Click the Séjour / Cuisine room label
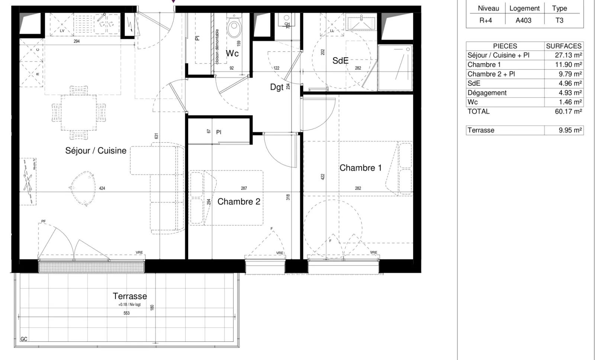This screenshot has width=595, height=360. (x=96, y=151)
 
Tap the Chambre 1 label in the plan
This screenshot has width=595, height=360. (x=360, y=168)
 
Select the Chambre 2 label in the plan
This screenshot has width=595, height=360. (x=239, y=202)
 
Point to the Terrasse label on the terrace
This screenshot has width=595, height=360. (x=130, y=296)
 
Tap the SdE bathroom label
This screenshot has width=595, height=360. (x=340, y=61)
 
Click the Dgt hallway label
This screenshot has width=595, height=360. (x=277, y=87)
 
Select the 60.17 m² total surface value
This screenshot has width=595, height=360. (x=568, y=111)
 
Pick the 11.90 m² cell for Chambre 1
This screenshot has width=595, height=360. (x=568, y=64)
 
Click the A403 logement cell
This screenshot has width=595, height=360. (x=523, y=20)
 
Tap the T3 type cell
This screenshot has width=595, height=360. (x=559, y=20)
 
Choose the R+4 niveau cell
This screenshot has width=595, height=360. (x=485, y=20)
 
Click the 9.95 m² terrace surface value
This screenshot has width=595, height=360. (x=570, y=130)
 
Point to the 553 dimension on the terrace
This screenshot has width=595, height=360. (x=126, y=313)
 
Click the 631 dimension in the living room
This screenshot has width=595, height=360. (x=157, y=136)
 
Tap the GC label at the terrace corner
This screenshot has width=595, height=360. (x=24, y=339)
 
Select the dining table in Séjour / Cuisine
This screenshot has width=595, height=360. (x=79, y=112)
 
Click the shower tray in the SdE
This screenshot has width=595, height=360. (x=395, y=68)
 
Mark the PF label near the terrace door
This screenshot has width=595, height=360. (x=44, y=221)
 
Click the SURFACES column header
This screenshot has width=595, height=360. (x=563, y=46)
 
